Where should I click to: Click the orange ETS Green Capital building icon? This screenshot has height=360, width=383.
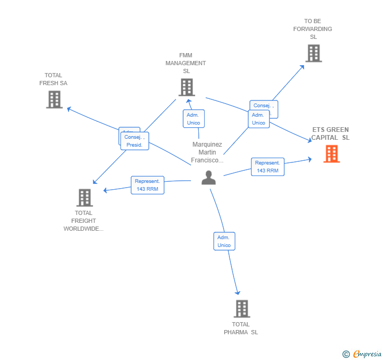click(331, 154)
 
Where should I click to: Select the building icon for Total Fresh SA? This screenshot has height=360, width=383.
click(54, 99)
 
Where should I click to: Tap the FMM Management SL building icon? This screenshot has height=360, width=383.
click(186, 87)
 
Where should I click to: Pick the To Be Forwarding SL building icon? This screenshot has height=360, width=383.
click(314, 53)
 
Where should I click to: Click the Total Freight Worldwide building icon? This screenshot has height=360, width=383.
click(84, 198)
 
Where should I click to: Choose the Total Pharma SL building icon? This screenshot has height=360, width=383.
click(241, 308)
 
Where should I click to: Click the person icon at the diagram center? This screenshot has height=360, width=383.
click(208, 178)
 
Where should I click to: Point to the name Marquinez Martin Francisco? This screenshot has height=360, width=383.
click(207, 152)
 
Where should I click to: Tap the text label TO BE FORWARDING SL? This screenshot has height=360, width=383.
click(313, 29)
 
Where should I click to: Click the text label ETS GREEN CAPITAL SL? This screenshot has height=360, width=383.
click(330, 133)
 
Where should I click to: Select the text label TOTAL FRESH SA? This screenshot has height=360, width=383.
click(53, 79)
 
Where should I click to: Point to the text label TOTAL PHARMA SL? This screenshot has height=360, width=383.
click(240, 328)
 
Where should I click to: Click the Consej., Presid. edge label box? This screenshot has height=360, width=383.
click(135, 141)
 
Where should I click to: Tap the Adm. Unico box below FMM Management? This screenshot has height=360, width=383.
click(194, 119)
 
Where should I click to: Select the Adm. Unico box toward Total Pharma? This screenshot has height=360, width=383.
click(224, 241)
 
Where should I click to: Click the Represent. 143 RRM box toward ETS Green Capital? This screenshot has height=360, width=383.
click(267, 167)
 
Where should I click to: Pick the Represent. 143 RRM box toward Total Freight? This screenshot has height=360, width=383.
click(147, 185)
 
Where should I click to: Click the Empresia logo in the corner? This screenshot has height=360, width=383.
click(362, 354)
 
